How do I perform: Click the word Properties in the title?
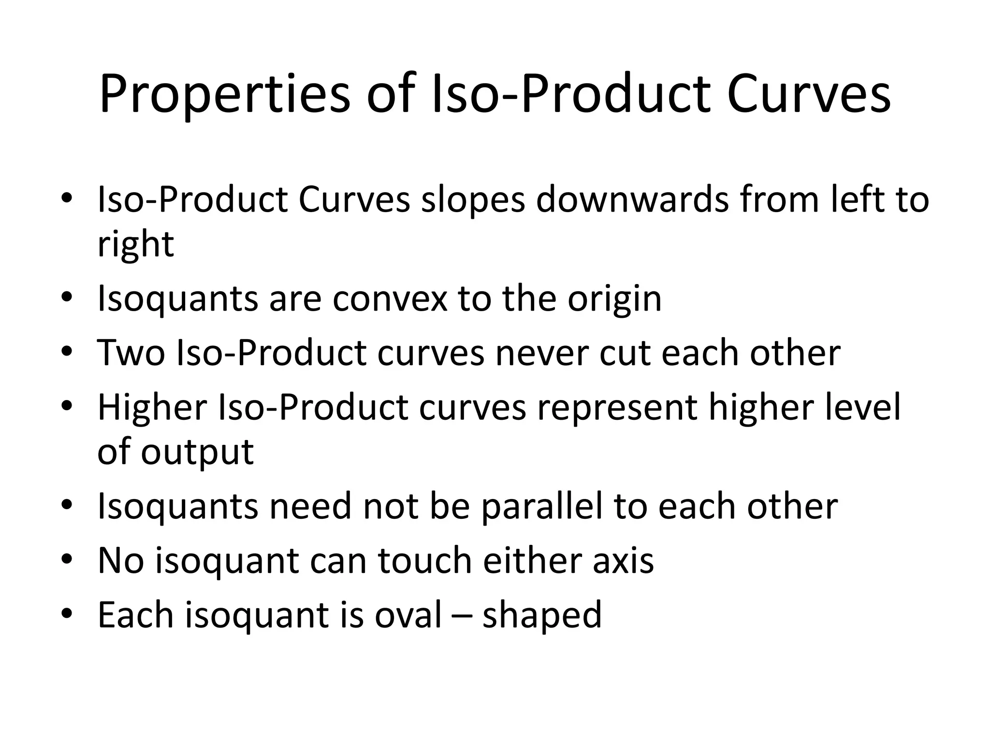(224, 95)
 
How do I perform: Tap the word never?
(541, 353)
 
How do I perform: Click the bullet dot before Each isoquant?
(67, 614)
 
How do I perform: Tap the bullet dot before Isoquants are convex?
(67, 297)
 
